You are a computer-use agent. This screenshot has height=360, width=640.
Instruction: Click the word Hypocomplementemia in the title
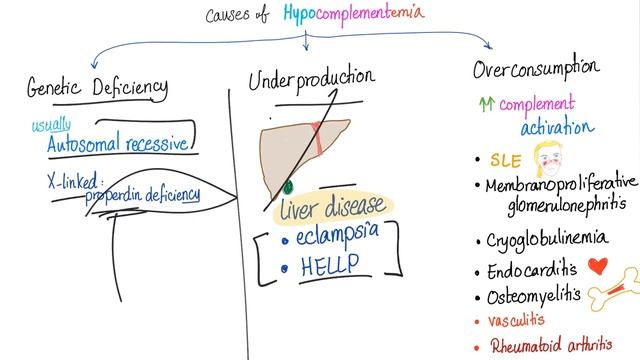click(367, 14)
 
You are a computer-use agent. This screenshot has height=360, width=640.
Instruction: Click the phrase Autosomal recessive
click(117, 143)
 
